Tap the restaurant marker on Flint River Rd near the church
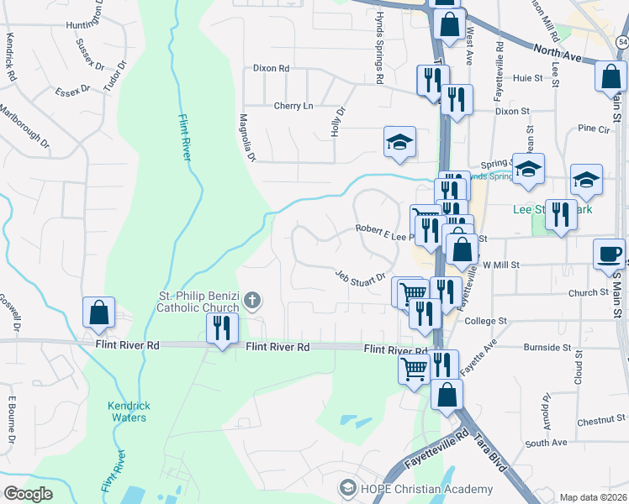click(x=223, y=328)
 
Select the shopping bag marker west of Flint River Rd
click(x=99, y=312)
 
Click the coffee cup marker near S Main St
click(x=609, y=254)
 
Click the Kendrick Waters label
click(x=129, y=412)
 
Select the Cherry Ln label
click(x=293, y=106)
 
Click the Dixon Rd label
click(x=271, y=68)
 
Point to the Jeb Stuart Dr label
click(x=360, y=276)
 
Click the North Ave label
click(x=558, y=53)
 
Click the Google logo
click(x=28, y=493)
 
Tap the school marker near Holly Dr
click(x=400, y=143)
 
